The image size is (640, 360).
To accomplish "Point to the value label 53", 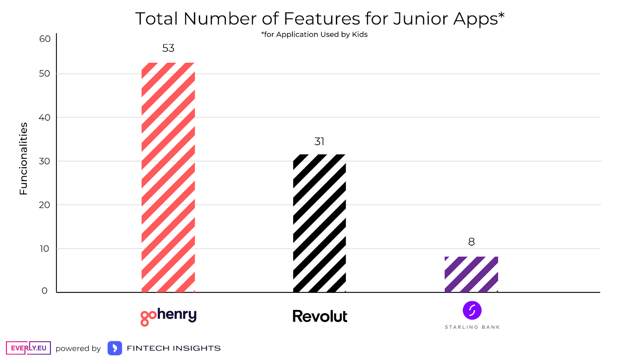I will (x=168, y=48).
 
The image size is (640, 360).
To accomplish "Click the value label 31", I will (x=319, y=142).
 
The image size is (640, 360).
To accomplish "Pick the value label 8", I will (x=472, y=242).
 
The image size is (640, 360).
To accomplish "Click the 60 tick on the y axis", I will (x=45, y=39).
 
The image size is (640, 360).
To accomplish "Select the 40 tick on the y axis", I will (x=45, y=118).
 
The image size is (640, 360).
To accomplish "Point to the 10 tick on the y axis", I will (x=44, y=249).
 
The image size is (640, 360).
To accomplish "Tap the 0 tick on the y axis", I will (x=44, y=291).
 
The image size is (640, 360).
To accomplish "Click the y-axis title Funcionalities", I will (x=24, y=159).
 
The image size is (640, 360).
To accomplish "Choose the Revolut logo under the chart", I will (x=320, y=316).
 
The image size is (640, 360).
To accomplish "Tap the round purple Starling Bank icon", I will (x=472, y=310).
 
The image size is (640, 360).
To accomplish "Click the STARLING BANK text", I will (x=472, y=327).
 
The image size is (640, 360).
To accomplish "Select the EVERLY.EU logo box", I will (x=28, y=348).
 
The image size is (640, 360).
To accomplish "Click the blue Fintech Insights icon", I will (x=115, y=348).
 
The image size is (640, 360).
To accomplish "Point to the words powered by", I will (x=78, y=348).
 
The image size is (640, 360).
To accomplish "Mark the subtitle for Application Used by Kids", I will (x=314, y=34).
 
